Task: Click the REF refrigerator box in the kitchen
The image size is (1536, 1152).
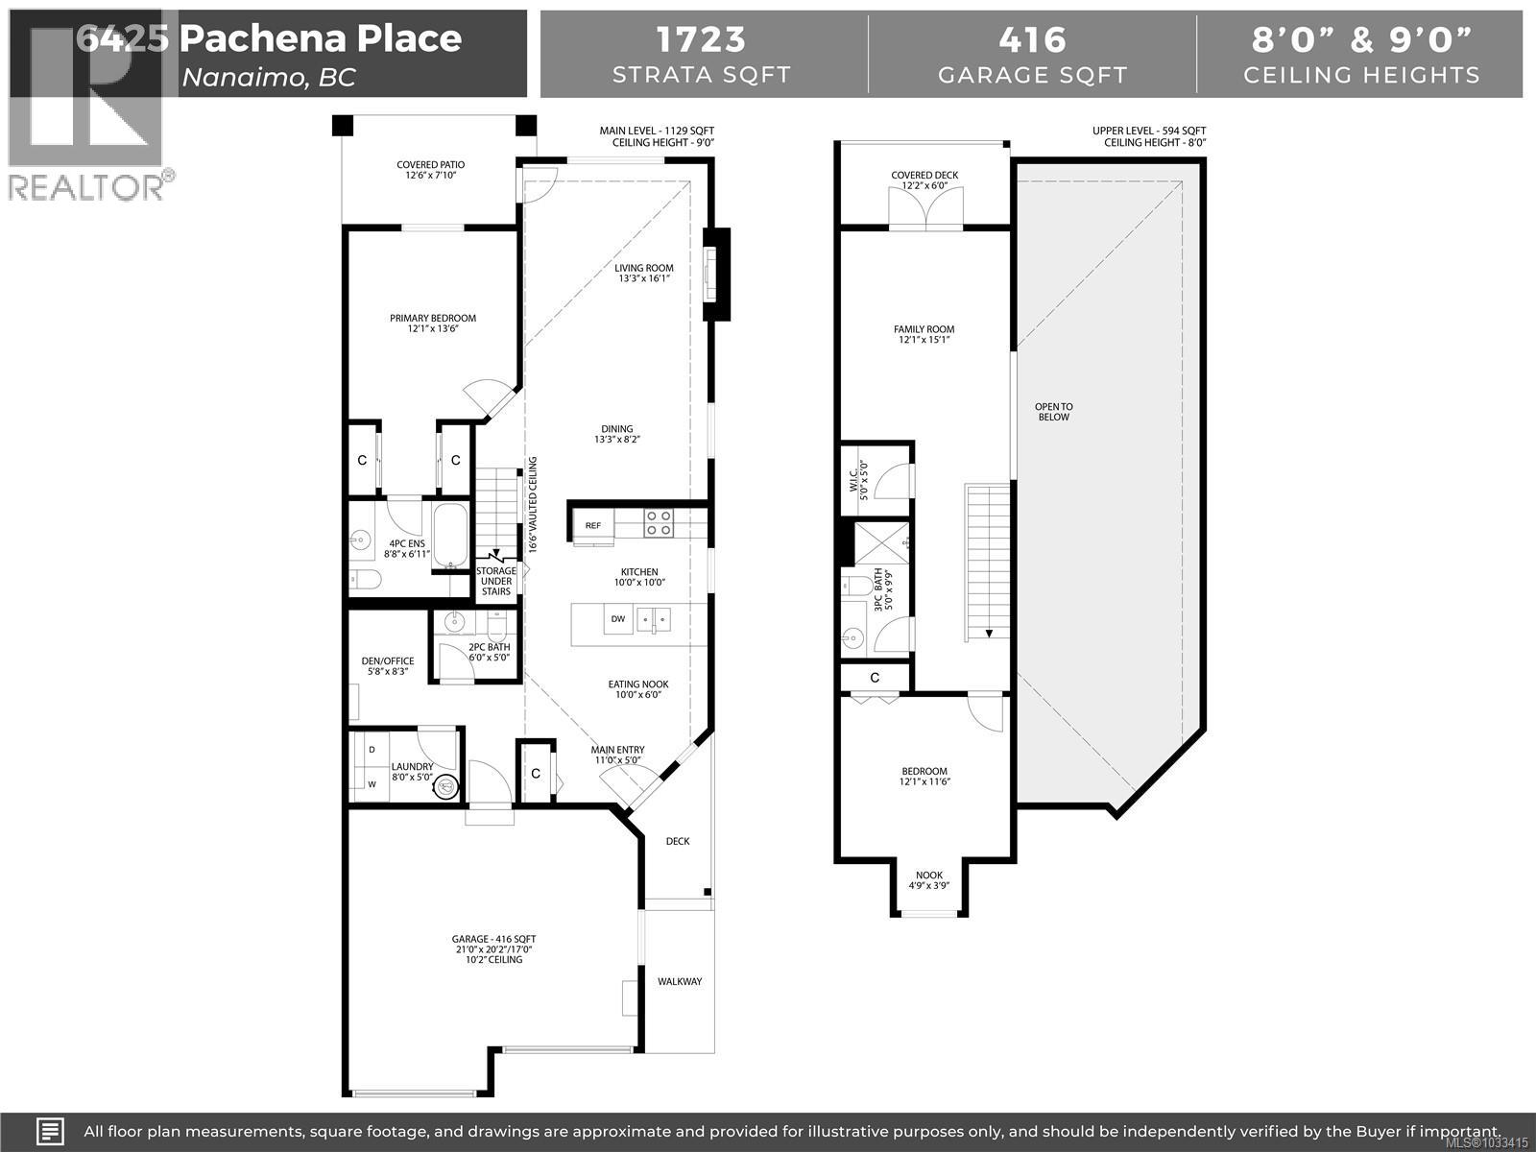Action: click(x=593, y=525)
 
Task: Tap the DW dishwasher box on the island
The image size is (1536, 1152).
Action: click(x=618, y=619)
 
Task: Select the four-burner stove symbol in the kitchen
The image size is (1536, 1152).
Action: click(x=658, y=523)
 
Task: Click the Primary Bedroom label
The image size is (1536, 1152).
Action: click(x=432, y=324)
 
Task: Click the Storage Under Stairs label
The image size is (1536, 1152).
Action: click(x=496, y=581)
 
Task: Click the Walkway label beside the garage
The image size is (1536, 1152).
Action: click(x=679, y=981)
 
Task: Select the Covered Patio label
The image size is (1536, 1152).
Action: click(x=430, y=170)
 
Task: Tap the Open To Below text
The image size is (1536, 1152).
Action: click(x=1053, y=412)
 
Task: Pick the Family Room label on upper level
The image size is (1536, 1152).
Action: click(x=924, y=334)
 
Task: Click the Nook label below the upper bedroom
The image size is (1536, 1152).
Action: click(x=928, y=880)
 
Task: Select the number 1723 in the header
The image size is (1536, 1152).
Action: click(x=701, y=39)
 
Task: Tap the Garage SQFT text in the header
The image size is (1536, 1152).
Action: click(x=1032, y=75)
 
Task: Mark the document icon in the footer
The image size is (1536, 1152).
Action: click(x=50, y=1131)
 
